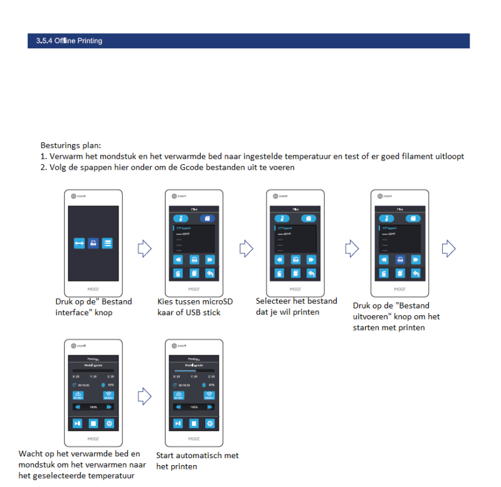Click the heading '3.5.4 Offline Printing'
point(65,41)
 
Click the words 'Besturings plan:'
point(71,145)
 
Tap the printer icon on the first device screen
point(93,243)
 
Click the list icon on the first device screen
point(107,243)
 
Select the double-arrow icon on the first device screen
point(79,243)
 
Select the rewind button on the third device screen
point(280,259)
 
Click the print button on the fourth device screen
point(399,259)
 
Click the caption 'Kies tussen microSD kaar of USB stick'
point(195,307)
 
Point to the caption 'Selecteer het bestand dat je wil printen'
point(297,306)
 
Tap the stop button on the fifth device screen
point(92,423)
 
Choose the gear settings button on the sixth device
point(209,423)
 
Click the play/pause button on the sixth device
point(179,423)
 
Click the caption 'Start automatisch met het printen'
point(198,461)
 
